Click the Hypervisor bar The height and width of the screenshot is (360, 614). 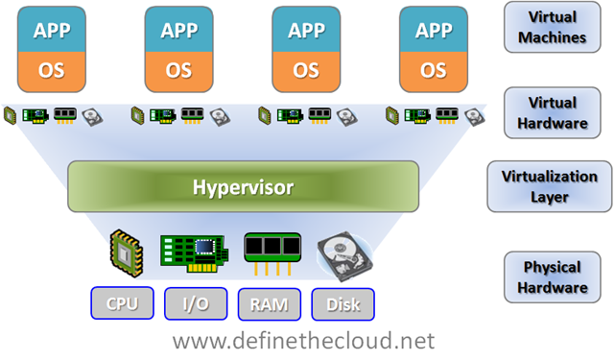click(x=243, y=186)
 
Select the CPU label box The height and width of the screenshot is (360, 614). click(x=122, y=303)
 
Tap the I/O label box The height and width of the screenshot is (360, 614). click(x=196, y=303)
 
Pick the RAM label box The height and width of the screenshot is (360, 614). click(x=270, y=304)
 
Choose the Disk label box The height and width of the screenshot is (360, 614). click(x=343, y=304)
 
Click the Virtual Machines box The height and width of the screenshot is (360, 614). click(x=553, y=27)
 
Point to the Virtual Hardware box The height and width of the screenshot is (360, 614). click(x=553, y=113)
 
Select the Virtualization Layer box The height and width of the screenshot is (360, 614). click(x=550, y=186)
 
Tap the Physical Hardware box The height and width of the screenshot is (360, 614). click(x=553, y=276)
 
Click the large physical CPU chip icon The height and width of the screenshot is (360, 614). click(x=127, y=253)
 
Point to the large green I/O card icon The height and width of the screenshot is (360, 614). click(x=194, y=253)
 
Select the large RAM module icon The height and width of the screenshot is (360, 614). click(x=272, y=253)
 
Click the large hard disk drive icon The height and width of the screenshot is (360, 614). click(x=344, y=256)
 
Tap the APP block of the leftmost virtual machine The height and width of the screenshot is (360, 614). click(x=52, y=30)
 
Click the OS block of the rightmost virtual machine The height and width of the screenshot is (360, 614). click(x=434, y=72)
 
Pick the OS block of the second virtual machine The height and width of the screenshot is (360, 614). click(x=179, y=72)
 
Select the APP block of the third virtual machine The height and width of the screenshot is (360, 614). click(x=306, y=30)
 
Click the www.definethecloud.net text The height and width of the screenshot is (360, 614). click(x=304, y=341)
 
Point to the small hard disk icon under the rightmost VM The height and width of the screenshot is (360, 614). click(x=475, y=117)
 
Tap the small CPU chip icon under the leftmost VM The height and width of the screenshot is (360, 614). click(x=11, y=116)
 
